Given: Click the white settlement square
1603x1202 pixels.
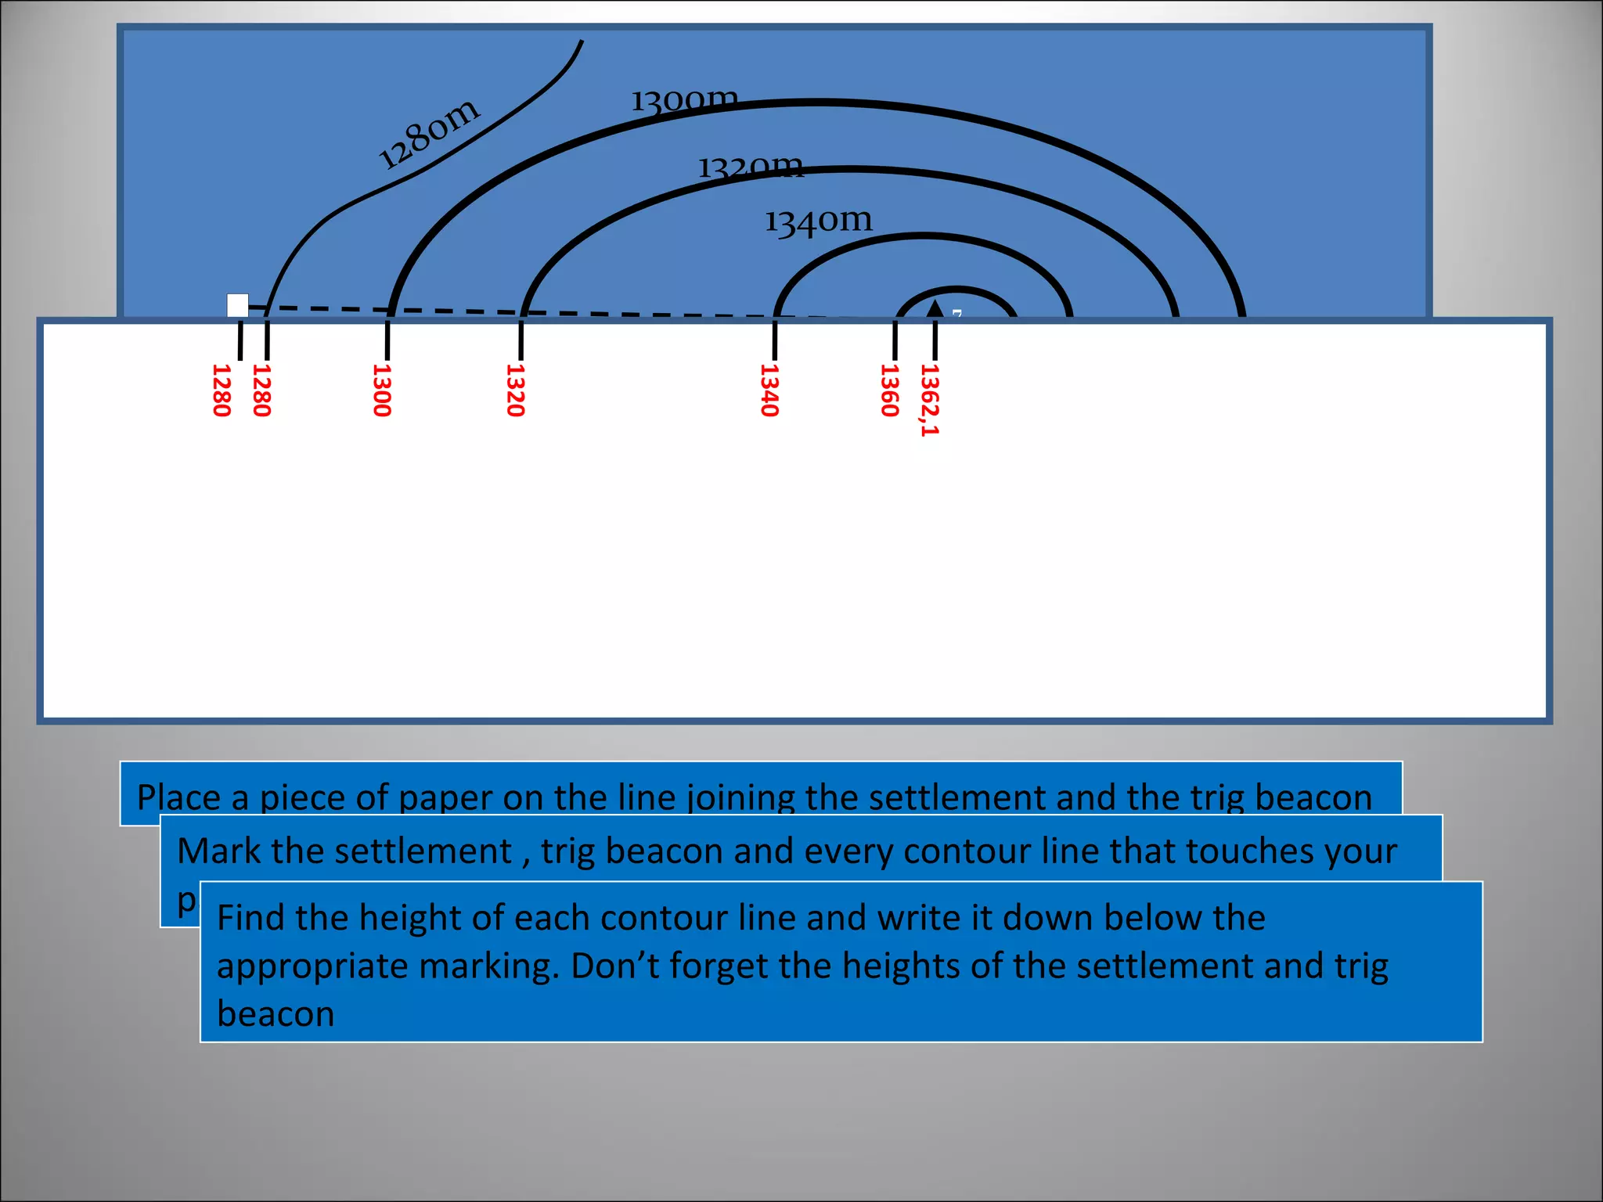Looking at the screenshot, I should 237,305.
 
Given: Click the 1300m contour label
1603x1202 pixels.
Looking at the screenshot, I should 684,100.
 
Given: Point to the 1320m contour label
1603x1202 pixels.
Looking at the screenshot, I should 751,167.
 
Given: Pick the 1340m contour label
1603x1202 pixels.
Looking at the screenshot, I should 818,221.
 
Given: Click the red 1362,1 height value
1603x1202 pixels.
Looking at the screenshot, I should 929,399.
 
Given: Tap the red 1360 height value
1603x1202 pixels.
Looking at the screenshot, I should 889,390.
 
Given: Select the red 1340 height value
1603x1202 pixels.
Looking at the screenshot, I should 769,390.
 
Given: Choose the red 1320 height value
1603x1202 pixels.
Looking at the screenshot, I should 515,390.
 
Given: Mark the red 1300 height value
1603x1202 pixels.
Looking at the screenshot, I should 381,390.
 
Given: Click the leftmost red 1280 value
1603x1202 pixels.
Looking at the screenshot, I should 222,390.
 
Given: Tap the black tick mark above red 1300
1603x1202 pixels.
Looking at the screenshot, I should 387,340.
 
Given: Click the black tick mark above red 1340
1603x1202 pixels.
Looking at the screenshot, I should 775,340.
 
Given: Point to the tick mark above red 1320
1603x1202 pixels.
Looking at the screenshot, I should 521,340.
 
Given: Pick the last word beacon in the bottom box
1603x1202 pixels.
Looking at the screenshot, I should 276,1014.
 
